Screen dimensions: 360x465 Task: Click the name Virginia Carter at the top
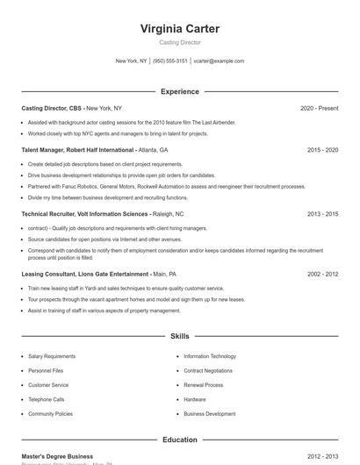[x=180, y=29]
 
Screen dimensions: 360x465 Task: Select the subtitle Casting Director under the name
[x=180, y=42]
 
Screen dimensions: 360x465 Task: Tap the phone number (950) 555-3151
[x=170, y=61]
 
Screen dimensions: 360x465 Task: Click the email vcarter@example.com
[x=219, y=61]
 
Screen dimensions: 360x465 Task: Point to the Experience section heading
[x=180, y=91]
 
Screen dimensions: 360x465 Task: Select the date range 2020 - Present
[x=319, y=108]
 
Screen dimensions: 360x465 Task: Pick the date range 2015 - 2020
[x=322, y=150]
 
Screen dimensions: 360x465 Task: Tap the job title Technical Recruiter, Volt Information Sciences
[x=84, y=213]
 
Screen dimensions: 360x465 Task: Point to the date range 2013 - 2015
[x=322, y=213]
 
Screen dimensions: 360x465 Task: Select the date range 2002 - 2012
[x=322, y=274]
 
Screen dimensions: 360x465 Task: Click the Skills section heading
[x=180, y=336]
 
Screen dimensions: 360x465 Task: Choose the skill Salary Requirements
[x=52, y=356]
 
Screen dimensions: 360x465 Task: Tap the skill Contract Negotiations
[x=210, y=371]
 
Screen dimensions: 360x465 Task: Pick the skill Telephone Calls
[x=47, y=399]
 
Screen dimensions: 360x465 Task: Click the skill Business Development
[x=210, y=413]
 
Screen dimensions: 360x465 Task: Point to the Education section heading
[x=180, y=440]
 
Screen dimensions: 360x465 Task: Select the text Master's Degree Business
[x=57, y=456]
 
